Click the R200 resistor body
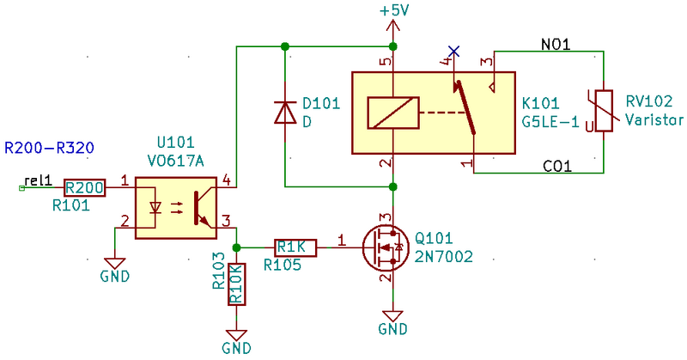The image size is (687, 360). pos(85,187)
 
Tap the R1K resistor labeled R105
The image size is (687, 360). pos(295,247)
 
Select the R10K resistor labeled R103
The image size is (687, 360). pos(237,284)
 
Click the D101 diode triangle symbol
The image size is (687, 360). pos(285,112)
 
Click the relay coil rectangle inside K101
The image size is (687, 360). pos(393,113)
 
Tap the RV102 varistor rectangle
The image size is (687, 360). pos(604,111)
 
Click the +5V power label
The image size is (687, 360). pos(394,10)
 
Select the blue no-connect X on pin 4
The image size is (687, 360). pos(454,52)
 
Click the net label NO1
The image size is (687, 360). pos(556,45)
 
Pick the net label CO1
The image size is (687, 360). pos(556,166)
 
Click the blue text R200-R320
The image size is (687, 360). pos(49,148)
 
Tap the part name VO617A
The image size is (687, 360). pos(176,162)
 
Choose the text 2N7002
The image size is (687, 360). pos(444,257)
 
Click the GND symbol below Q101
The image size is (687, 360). pos(393,322)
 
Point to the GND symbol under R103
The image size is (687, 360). pos(237,342)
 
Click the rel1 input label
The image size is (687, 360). pos(38,180)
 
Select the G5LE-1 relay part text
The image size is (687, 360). pos(550,121)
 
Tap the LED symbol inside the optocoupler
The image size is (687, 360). pos(155,207)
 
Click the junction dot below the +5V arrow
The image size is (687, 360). pos(393,46)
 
